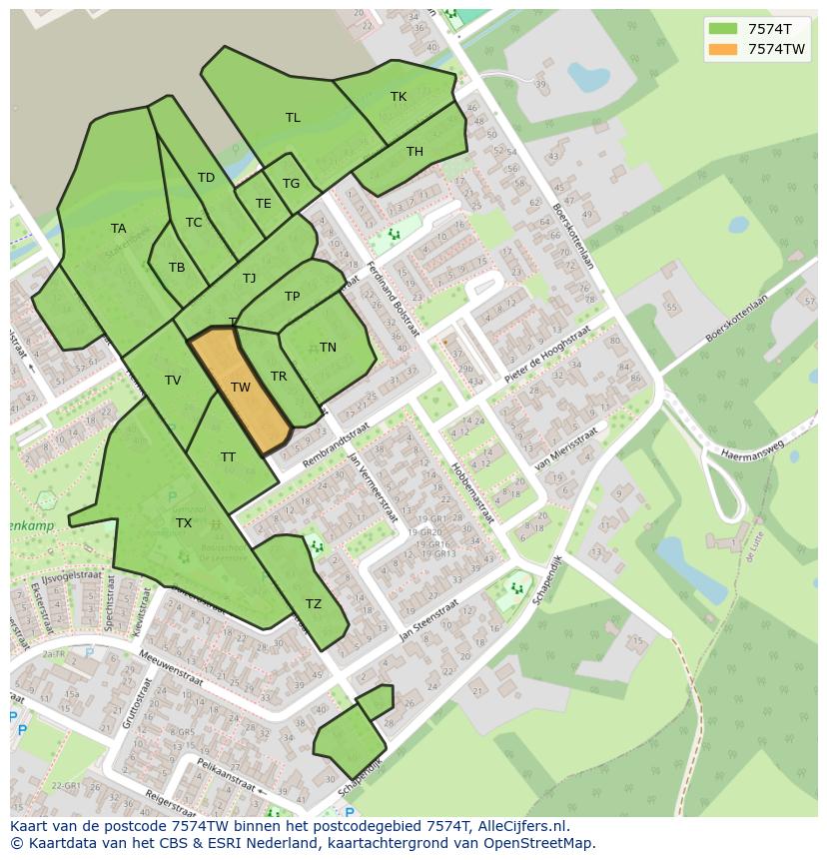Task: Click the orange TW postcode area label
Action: [x=240, y=388]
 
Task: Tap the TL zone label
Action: [x=293, y=118]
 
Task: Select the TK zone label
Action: [x=399, y=97]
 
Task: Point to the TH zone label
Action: [x=414, y=152]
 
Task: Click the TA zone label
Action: [x=118, y=229]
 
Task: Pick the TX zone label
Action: [x=184, y=523]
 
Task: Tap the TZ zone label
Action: [x=314, y=604]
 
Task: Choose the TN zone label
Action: [x=328, y=348]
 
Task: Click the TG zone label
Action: [x=291, y=184]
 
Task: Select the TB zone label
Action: [x=177, y=268]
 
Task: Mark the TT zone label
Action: [x=228, y=457]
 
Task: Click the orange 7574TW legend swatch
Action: [x=722, y=49]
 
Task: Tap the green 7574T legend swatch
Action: [x=722, y=29]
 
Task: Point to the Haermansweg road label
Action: [x=746, y=449]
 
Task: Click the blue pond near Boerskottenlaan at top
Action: [x=588, y=77]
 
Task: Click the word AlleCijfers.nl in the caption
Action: [x=523, y=826]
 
